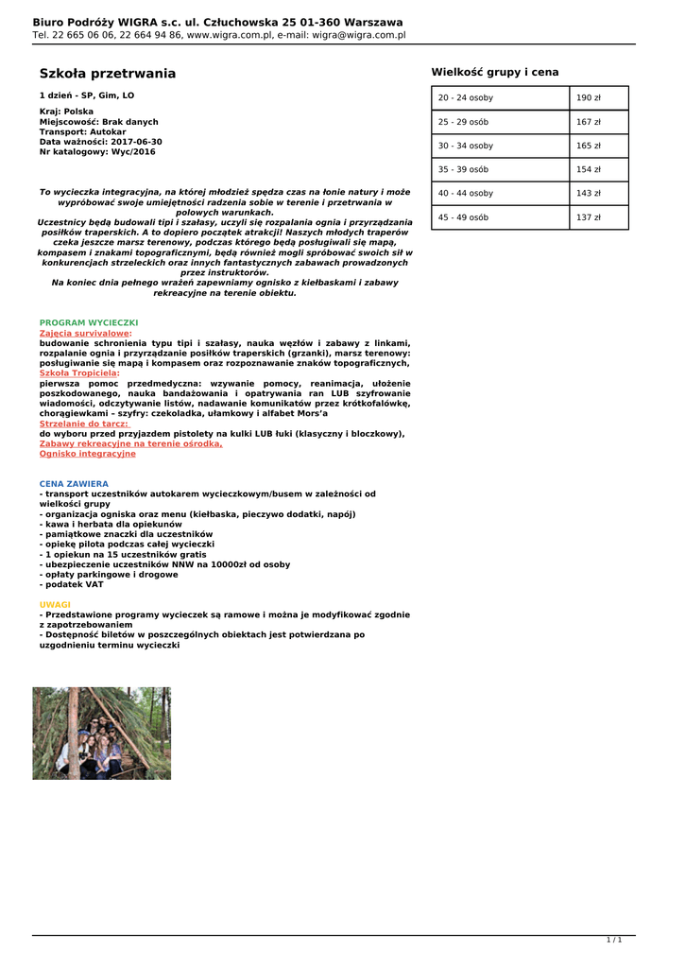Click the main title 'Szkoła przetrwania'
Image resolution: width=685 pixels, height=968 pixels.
(107, 74)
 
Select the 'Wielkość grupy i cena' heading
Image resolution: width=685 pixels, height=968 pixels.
(494, 72)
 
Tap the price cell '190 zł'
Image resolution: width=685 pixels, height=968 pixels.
(589, 98)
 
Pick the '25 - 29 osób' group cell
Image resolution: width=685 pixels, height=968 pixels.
(463, 122)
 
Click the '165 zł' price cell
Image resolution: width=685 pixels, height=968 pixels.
(589, 147)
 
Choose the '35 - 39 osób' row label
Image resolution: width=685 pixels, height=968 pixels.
(463, 170)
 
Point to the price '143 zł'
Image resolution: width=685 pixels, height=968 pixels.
(589, 194)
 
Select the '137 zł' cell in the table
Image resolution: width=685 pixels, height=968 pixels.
(589, 217)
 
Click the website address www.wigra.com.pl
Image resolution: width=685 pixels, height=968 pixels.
(230, 35)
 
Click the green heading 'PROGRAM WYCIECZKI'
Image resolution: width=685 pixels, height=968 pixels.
(89, 322)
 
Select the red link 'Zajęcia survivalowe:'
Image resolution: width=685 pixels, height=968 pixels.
(85, 333)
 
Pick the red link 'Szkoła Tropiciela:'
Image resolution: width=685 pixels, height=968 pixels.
(79, 373)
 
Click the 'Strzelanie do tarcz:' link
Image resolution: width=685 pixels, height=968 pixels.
(83, 423)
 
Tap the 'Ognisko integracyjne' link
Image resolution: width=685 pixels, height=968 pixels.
(87, 454)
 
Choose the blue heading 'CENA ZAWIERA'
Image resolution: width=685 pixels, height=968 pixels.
(74, 484)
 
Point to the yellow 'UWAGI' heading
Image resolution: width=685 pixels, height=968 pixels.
(55, 604)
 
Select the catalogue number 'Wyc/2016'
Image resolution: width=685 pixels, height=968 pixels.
(133, 152)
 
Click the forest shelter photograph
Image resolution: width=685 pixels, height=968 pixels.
(102, 733)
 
